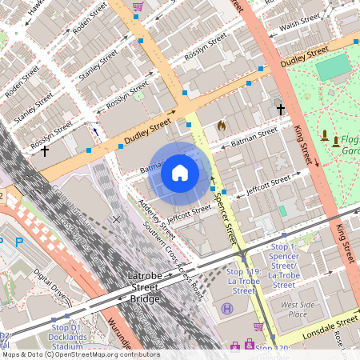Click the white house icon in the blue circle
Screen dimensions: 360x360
click(180, 172)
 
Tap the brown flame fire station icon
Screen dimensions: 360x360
click(222, 126)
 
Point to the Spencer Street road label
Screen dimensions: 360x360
click(223, 220)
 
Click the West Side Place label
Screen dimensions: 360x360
click(294, 309)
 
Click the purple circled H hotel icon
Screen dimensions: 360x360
click(227, 308)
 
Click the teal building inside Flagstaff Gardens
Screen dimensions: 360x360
click(332, 68)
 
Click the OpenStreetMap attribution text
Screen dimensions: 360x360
click(80, 354)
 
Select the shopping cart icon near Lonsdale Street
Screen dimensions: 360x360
click(258, 326)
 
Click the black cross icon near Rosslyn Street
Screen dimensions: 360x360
click(45, 150)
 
